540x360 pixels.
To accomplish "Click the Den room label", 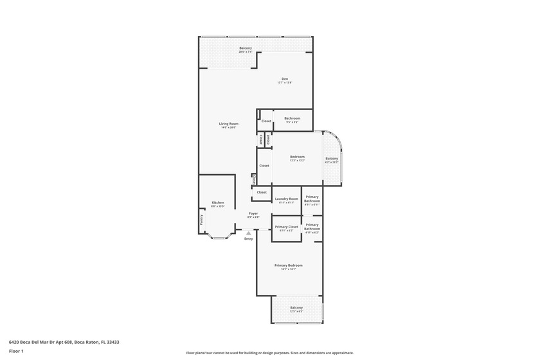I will [284, 80].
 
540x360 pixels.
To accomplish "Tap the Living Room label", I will [228, 125].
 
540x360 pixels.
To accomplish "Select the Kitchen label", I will [218, 204].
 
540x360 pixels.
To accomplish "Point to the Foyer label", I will [253, 215].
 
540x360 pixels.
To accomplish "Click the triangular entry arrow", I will [248, 233].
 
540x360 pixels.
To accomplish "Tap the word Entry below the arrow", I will [248, 239].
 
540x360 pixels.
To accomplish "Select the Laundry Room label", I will [287, 200].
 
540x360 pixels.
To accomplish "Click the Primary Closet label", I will [287, 228].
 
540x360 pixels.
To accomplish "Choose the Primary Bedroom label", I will [288, 266].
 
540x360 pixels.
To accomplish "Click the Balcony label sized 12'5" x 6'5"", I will [296, 309].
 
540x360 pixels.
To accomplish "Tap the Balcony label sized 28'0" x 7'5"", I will [246, 50].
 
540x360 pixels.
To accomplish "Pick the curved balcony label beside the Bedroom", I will [332, 160].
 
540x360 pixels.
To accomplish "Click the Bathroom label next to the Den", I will [292, 119].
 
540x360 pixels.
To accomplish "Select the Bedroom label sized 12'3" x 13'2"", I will [297, 158].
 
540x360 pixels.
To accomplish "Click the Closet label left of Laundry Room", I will [262, 192].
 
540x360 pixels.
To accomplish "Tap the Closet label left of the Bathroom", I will [265, 121].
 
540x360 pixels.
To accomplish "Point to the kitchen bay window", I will [220, 237].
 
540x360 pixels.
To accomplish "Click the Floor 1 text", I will [16, 351].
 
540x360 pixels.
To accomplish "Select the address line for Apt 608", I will [64, 342].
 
